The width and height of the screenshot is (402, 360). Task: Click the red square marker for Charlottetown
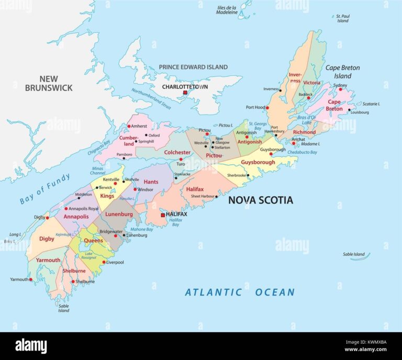(185, 93)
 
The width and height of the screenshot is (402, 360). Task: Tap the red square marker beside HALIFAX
(163, 215)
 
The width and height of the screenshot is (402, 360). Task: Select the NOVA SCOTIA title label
(260, 200)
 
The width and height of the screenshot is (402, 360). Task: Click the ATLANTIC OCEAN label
(239, 292)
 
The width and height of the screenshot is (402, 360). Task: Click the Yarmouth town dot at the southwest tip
(31, 279)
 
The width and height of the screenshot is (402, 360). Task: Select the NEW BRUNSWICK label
(49, 84)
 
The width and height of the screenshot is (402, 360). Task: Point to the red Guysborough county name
(258, 162)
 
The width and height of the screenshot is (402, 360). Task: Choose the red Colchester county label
(177, 153)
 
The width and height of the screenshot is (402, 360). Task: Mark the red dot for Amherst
(129, 126)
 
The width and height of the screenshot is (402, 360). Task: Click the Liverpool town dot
(104, 262)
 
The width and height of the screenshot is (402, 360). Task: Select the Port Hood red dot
(267, 108)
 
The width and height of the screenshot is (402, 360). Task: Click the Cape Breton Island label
(342, 72)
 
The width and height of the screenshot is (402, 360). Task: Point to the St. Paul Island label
(342, 18)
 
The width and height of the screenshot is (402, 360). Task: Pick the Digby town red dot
(47, 218)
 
